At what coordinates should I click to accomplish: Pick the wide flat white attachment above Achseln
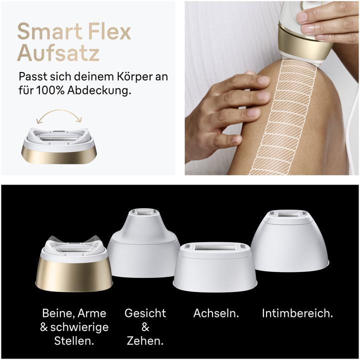click(x=215, y=265)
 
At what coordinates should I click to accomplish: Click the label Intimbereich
click(x=297, y=313)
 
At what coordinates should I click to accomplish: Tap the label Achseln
click(x=216, y=313)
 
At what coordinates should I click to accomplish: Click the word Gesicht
click(x=145, y=313)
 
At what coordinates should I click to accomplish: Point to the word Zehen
click(x=145, y=341)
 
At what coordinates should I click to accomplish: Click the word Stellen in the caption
click(x=74, y=341)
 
